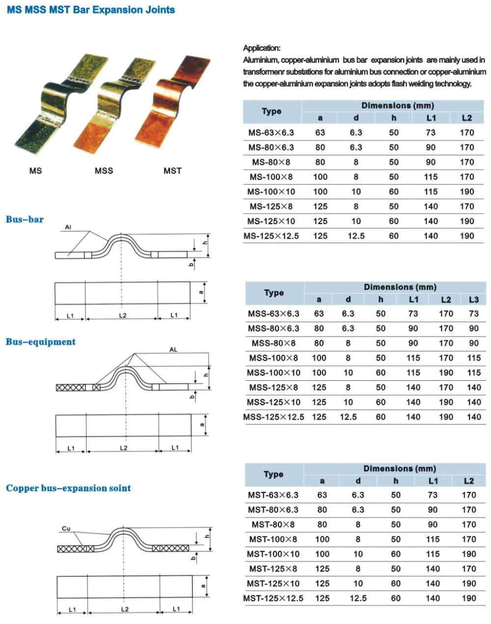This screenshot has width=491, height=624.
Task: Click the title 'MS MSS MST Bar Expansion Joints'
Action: pos(91,10)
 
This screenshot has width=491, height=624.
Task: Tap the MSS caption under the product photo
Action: pos(104,170)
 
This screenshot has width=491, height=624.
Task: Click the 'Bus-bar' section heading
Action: pos(25,219)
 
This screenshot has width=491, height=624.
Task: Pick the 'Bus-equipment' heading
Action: pos(41,341)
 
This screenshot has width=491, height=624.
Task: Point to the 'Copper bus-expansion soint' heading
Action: pos(68,488)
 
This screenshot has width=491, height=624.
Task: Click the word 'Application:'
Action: pos(262,48)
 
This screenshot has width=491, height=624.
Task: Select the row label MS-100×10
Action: pos(271,192)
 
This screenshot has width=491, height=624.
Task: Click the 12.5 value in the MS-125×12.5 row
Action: pos(356,236)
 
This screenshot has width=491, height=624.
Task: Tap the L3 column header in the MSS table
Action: pos(474,299)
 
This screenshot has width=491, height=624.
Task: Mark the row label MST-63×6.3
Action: pos(273,495)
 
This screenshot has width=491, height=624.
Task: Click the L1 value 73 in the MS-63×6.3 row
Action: pos(431,133)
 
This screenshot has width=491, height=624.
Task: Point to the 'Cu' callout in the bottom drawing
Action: pos(66,529)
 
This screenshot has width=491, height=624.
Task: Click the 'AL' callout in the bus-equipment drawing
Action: pos(173,350)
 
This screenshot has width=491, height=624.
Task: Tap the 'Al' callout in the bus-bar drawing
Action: pos(68,227)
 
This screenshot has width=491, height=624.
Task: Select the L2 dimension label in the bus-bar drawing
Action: pos(123,315)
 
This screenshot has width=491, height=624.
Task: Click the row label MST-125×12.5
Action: pos(273,598)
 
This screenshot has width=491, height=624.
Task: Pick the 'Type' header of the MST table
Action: pos(273,474)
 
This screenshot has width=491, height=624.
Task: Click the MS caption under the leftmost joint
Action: pos(36,170)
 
